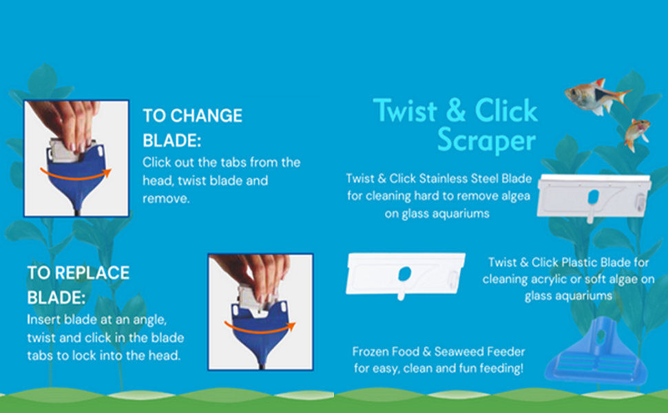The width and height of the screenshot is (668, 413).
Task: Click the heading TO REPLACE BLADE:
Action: (x=78, y=284)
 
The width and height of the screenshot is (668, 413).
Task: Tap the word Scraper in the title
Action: (x=487, y=140)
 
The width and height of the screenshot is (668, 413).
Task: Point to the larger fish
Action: (x=594, y=96)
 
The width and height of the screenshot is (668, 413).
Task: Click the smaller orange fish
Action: (x=636, y=132)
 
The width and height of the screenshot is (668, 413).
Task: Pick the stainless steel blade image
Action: (x=594, y=196)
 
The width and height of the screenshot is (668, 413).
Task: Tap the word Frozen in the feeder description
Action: (x=372, y=351)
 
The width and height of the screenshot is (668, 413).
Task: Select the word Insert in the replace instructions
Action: (x=43, y=321)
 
